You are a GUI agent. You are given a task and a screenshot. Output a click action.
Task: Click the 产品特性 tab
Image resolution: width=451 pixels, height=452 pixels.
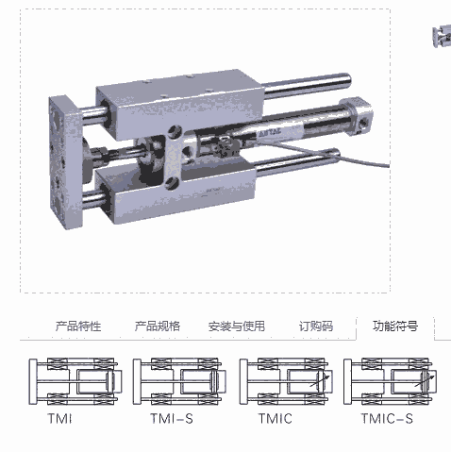[78, 326]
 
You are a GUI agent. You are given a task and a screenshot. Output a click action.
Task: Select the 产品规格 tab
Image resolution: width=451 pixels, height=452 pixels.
[158, 326]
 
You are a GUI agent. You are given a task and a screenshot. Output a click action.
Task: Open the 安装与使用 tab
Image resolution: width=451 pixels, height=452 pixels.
[237, 326]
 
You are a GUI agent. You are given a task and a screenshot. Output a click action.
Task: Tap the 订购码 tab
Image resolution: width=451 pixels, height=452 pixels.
[316, 326]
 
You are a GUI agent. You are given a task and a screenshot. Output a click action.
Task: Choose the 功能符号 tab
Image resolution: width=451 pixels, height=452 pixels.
[395, 326]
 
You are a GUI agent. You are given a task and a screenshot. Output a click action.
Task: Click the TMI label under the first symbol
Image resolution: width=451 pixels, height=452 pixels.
[59, 419]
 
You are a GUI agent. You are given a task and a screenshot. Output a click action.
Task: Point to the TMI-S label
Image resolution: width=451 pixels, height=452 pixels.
[172, 419]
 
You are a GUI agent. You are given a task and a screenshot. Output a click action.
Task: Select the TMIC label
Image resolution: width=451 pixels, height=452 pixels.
[276, 419]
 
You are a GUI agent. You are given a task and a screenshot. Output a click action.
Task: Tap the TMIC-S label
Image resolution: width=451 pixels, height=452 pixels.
[387, 419]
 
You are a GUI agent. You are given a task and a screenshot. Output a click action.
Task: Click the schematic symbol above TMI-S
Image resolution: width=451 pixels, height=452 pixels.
[179, 381]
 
